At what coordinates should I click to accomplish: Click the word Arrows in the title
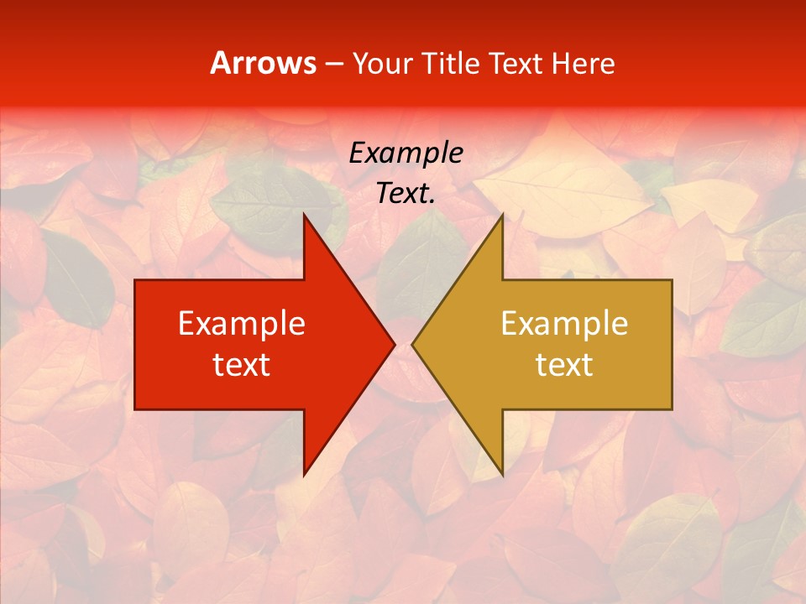[x=264, y=63]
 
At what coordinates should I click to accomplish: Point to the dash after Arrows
[x=332, y=64]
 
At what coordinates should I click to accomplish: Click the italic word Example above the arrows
[x=406, y=154]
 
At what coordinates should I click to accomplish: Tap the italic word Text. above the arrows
[x=406, y=193]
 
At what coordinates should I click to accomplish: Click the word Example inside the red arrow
[x=242, y=324]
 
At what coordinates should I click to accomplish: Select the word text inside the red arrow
[x=242, y=365]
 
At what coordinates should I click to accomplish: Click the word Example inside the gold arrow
[x=564, y=324]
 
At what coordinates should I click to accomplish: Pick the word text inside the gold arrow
[x=564, y=365]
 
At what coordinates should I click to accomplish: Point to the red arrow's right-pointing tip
[x=394, y=345]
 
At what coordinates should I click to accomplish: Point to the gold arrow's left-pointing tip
[x=412, y=345]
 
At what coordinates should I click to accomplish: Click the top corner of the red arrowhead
[x=304, y=215]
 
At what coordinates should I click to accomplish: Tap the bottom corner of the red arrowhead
[x=304, y=475]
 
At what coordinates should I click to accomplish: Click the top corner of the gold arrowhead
[x=502, y=215]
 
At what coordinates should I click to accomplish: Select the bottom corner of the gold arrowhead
[x=502, y=475]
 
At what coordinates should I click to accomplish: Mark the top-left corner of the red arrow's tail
[x=135, y=280]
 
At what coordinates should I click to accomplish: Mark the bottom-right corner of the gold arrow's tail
[x=672, y=409]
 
